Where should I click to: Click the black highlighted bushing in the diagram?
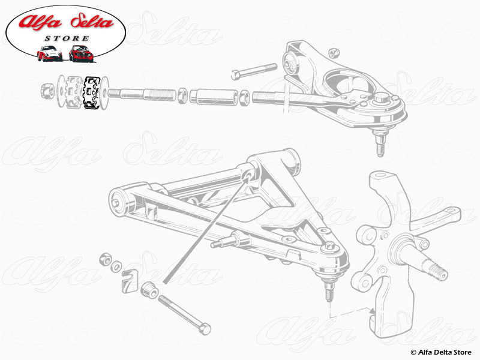click(x=92, y=93)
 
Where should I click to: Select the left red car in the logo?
click(x=49, y=54)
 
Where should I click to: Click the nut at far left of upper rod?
click(x=47, y=92)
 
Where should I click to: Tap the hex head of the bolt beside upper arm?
click(x=236, y=74)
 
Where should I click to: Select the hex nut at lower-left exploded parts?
click(x=106, y=259)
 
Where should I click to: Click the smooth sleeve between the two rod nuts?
click(x=214, y=95)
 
